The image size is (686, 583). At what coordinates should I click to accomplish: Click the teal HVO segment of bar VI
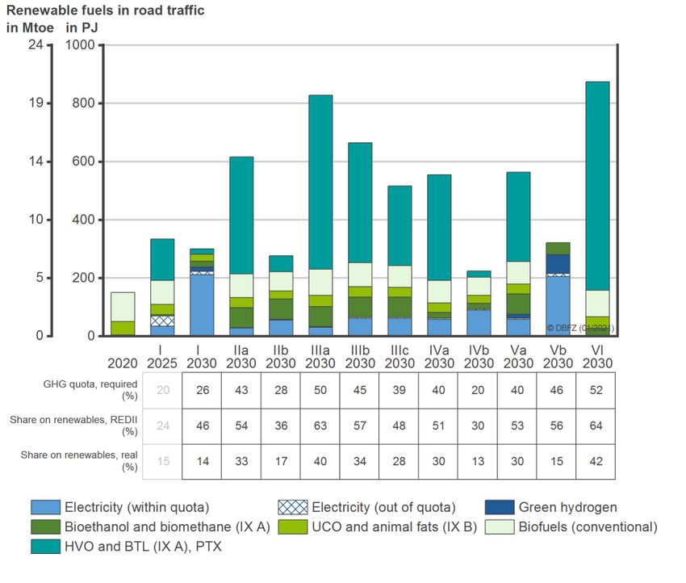(597, 186)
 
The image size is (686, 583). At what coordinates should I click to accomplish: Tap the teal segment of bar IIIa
(320, 182)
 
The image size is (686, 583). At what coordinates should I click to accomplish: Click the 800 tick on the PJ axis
(82, 103)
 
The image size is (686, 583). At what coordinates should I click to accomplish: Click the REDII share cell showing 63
(320, 426)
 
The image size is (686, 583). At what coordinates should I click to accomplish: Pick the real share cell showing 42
(596, 462)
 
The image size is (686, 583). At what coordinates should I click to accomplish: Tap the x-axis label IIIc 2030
(399, 358)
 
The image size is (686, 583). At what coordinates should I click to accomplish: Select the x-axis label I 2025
(162, 358)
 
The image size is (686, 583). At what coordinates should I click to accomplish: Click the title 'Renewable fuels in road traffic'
(105, 10)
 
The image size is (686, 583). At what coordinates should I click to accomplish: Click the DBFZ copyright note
(580, 328)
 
